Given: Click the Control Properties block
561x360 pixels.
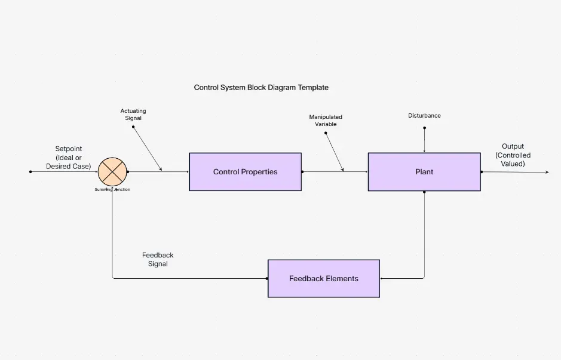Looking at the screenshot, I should point(245,172).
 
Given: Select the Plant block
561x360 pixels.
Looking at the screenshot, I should point(424,172).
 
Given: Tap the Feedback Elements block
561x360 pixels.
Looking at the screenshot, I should point(323,278).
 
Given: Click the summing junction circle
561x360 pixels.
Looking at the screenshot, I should point(112,171).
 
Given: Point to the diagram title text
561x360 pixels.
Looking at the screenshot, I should point(261,87).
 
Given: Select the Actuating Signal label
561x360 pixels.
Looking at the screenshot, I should point(133,114).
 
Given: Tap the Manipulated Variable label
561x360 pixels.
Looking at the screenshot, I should point(326,120).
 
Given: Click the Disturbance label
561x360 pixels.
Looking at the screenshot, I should point(424,115).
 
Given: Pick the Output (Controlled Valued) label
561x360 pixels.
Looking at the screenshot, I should point(512,155).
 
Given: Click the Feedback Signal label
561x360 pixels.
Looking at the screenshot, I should point(158,259).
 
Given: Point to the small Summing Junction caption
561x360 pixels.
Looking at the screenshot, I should point(112,189).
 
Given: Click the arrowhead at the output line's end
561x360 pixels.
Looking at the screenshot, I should point(546,172).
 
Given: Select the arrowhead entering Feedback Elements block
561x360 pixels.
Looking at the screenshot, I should point(382,278).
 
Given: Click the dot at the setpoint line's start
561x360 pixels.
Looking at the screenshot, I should point(30,172).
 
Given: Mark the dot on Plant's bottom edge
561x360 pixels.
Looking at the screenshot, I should point(424,192).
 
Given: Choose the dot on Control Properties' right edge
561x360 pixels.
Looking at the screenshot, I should point(302,172).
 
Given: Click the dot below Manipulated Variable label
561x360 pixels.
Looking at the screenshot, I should point(326,133).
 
